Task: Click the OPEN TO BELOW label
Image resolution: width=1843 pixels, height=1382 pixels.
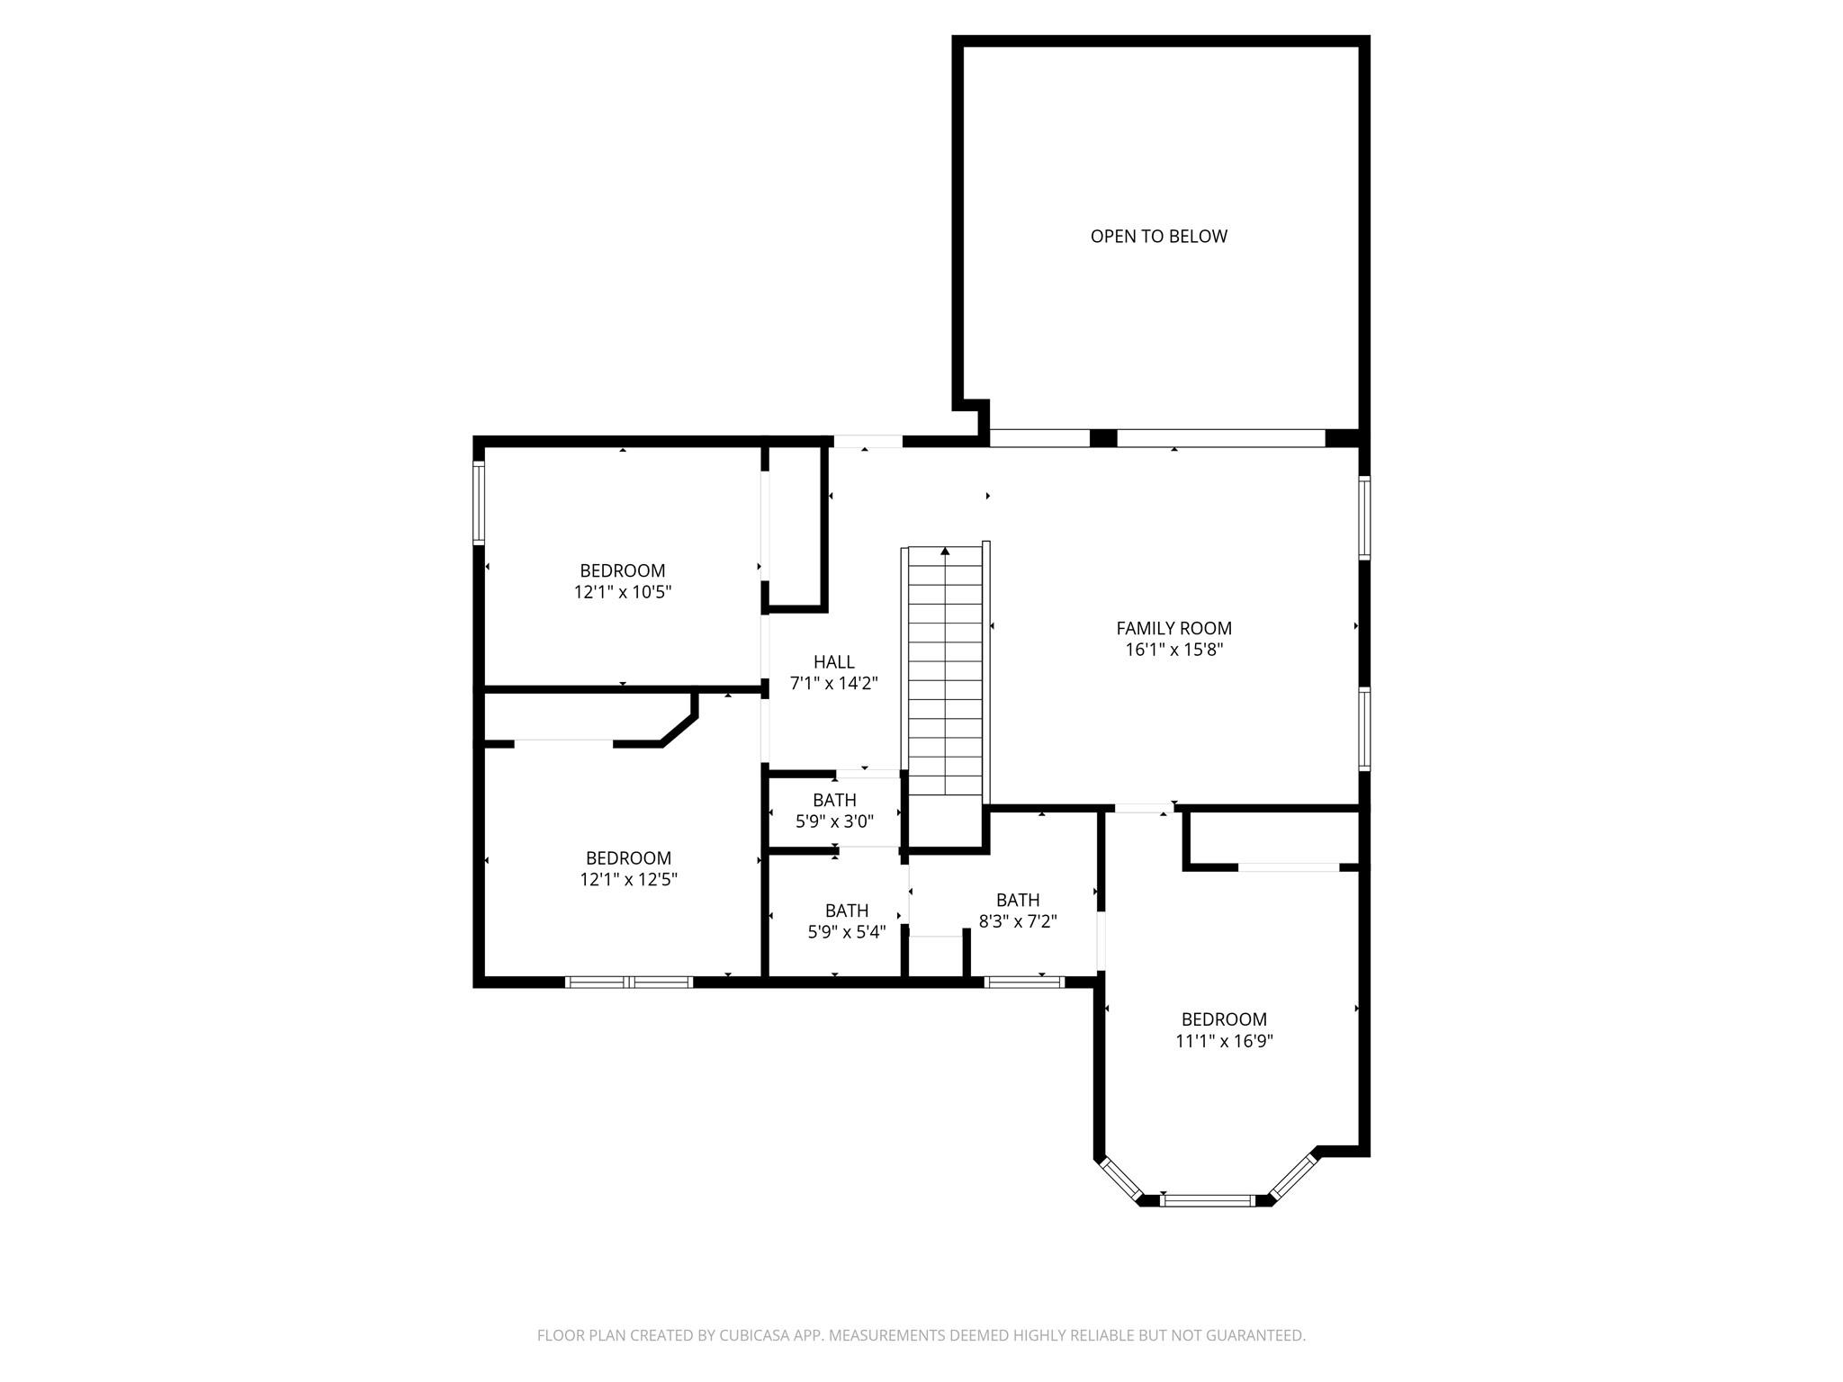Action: tap(1158, 237)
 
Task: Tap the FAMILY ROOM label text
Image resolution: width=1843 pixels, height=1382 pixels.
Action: tap(1173, 628)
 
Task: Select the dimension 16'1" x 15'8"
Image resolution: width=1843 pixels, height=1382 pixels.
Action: tap(1173, 650)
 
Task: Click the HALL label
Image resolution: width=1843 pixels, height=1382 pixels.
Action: tap(833, 662)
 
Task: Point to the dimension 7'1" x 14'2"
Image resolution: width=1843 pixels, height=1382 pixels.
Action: tap(833, 684)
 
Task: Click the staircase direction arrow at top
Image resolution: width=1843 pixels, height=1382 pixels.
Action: tap(945, 551)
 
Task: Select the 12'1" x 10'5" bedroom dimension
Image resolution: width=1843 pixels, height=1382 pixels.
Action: tap(623, 592)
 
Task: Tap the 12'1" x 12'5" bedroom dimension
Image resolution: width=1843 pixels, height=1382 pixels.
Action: tap(628, 880)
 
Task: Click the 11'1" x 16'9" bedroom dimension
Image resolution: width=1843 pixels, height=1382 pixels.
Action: tap(1224, 1041)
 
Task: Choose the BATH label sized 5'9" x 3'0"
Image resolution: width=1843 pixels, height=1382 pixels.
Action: tap(834, 800)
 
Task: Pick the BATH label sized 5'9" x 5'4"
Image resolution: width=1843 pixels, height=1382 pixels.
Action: tap(846, 911)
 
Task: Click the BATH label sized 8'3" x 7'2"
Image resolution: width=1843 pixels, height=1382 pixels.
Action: tap(1018, 900)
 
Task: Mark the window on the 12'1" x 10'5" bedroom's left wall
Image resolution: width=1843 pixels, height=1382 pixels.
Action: tap(479, 502)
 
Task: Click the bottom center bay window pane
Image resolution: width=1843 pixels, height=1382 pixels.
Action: tap(1207, 1199)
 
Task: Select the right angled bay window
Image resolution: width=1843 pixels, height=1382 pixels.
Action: tap(1294, 1178)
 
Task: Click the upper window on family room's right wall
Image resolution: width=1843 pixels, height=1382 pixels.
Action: tap(1364, 518)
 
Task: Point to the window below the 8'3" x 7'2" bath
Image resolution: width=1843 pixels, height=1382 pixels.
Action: tap(1024, 982)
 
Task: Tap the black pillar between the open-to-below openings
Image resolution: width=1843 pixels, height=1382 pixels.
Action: tap(1103, 438)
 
